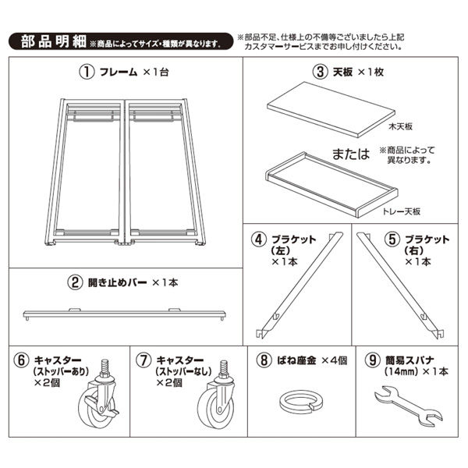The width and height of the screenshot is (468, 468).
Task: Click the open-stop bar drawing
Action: (x=125, y=312)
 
